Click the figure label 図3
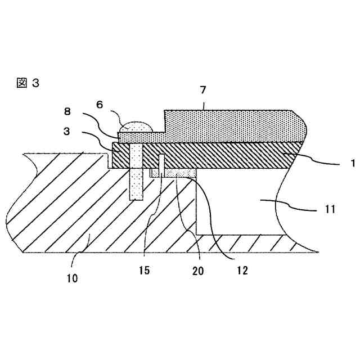point(28,83)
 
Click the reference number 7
point(203,90)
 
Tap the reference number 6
point(100,104)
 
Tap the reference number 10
point(73,277)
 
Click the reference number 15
point(144,271)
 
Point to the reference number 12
point(241,271)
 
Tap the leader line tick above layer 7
point(204,105)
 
